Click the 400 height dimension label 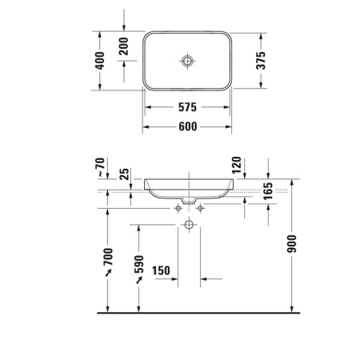point(100,61)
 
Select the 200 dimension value point(123,47)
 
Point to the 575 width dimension point(187,106)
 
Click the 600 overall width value point(187,126)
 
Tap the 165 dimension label point(267,193)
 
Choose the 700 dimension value point(108,258)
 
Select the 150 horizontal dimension point(161,271)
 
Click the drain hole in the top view point(187,61)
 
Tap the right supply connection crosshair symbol point(198,209)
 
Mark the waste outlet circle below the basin point(188,225)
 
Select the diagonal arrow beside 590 point(138,285)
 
